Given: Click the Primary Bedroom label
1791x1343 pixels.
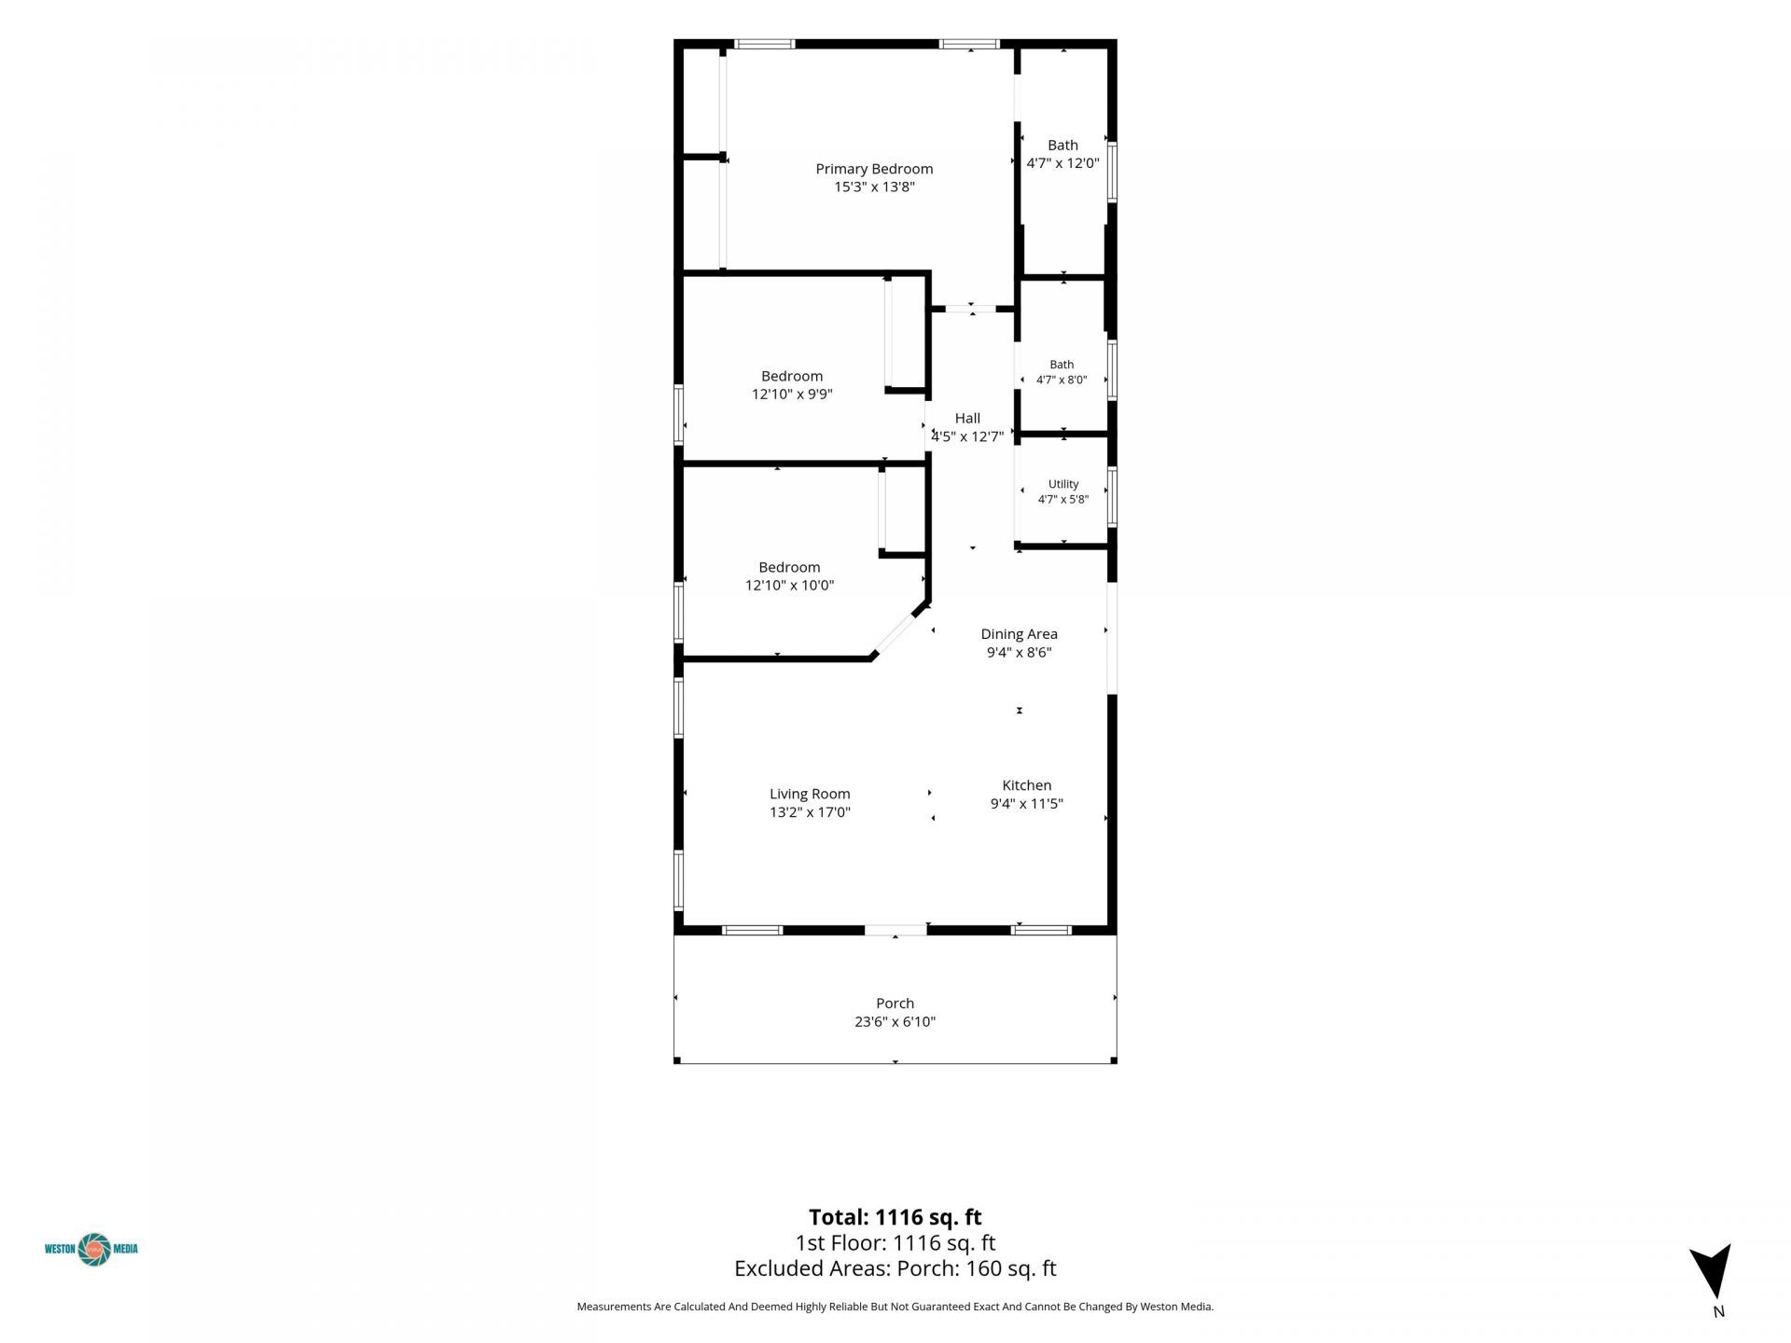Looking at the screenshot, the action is [x=874, y=169].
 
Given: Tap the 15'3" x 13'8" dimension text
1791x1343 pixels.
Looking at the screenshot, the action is [x=874, y=187].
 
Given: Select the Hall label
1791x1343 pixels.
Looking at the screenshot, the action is [x=967, y=419].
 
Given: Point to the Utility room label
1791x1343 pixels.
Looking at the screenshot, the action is [x=1063, y=484].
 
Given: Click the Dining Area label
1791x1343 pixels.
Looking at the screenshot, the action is [x=1019, y=634].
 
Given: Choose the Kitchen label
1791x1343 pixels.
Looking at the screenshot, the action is [x=1026, y=785].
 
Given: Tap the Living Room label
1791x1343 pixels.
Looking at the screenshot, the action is [x=810, y=795].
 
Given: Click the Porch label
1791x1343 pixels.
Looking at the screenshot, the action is [x=895, y=1004].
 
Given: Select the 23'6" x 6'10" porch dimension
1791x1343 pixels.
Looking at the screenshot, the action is [x=895, y=1022].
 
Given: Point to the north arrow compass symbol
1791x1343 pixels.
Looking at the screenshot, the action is [x=1713, y=1271].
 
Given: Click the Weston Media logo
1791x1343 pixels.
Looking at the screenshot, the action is [x=91, y=1249].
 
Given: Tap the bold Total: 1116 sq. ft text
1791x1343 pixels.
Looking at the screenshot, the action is [x=895, y=1217].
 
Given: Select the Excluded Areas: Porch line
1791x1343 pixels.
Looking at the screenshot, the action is [x=895, y=1268].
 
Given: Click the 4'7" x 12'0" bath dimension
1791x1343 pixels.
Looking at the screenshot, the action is [x=1062, y=163].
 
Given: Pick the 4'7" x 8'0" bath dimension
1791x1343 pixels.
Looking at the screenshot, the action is [x=1062, y=381].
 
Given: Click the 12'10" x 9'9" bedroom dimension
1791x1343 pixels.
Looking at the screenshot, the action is [x=792, y=395].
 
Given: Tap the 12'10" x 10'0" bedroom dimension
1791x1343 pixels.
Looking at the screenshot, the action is [x=789, y=586].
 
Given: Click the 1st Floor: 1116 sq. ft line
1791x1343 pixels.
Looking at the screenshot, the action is [x=895, y=1243].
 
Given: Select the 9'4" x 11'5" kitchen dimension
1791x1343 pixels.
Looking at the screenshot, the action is [x=1026, y=804].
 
